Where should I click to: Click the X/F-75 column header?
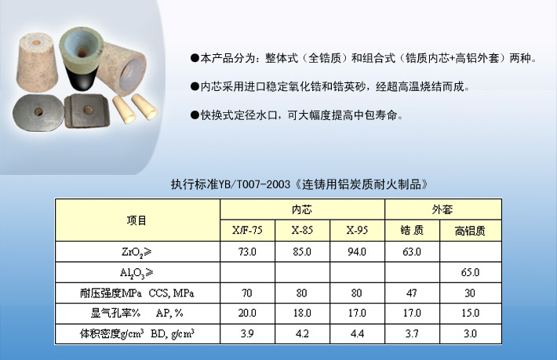click(247, 231)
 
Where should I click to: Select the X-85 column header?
click(302, 231)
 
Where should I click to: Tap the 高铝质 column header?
click(470, 231)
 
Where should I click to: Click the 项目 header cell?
click(137, 220)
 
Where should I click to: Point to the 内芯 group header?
click(302, 209)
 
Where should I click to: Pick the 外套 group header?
click(442, 209)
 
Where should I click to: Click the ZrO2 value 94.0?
click(357, 252)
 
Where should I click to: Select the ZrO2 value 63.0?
click(412, 252)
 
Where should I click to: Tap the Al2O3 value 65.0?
click(470, 272)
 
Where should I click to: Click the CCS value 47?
click(412, 293)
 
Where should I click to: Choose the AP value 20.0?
click(247, 313)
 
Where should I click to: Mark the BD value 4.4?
click(357, 333)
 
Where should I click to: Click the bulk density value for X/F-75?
click(247, 333)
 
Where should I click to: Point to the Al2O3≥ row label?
click(137, 273)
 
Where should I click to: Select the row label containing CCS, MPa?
click(137, 293)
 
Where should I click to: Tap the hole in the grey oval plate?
click(38, 112)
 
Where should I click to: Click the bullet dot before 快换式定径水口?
click(195, 115)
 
